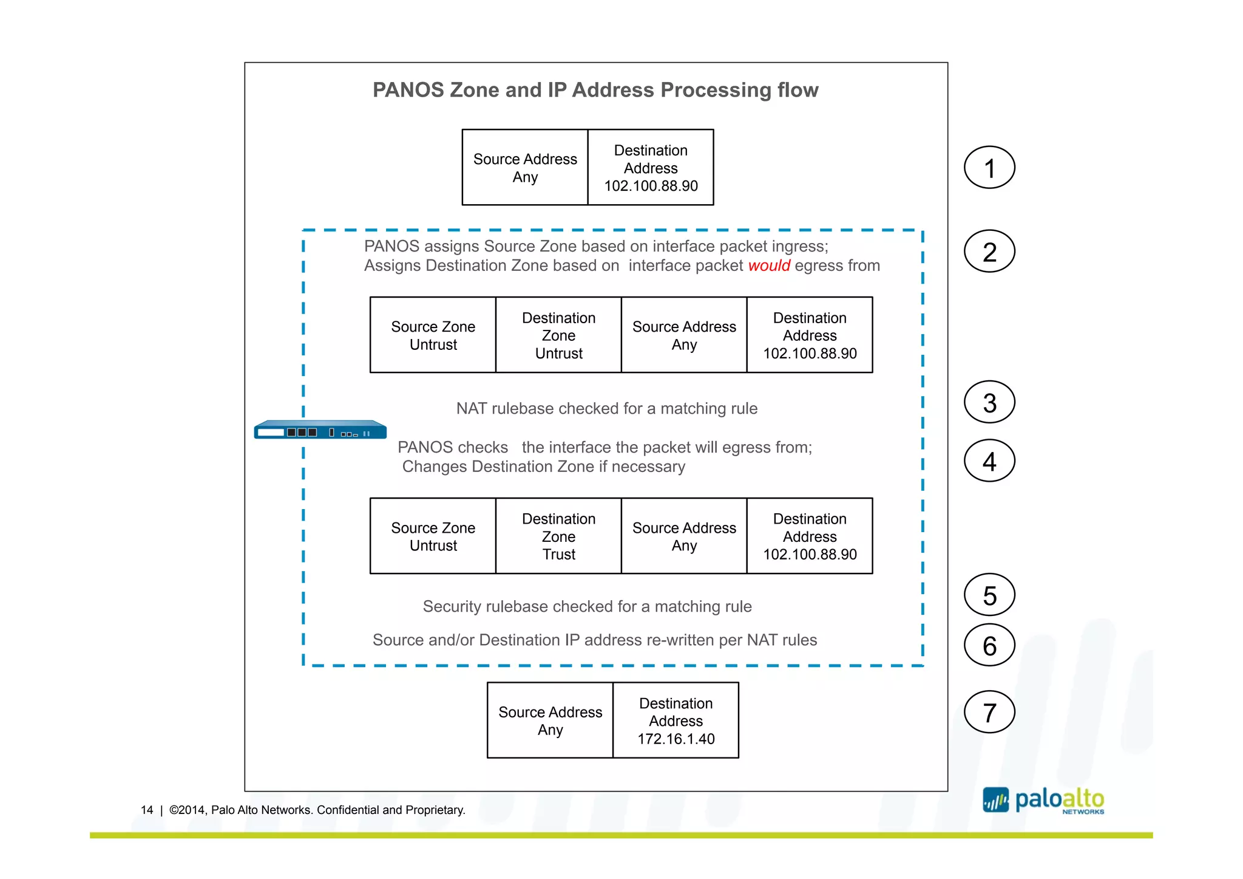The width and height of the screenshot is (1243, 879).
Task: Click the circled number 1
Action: point(989,168)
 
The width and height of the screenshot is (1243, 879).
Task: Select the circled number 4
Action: point(989,461)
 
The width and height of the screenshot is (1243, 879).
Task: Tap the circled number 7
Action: point(989,712)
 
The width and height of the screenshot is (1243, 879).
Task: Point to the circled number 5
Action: point(989,595)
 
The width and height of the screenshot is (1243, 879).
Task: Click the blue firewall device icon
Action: point(320,430)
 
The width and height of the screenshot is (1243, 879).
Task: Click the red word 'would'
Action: point(769,265)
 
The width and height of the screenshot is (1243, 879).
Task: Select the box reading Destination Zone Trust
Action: point(558,536)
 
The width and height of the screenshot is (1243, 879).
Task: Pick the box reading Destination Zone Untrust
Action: point(558,335)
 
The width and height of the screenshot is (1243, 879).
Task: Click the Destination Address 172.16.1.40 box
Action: point(676,720)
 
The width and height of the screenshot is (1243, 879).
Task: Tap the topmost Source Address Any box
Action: point(525,168)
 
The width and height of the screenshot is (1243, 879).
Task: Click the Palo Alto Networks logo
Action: point(1043,801)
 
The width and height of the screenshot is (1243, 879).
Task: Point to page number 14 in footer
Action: point(147,810)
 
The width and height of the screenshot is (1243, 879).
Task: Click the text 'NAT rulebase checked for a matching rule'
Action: point(606,408)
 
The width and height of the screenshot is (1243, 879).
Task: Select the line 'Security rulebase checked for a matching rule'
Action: point(587,606)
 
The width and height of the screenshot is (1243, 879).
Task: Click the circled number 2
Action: point(989,251)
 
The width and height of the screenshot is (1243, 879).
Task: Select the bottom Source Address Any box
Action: point(550,720)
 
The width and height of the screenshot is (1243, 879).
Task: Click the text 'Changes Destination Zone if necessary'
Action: point(543,467)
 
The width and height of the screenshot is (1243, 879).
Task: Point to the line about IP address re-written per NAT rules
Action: point(594,640)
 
